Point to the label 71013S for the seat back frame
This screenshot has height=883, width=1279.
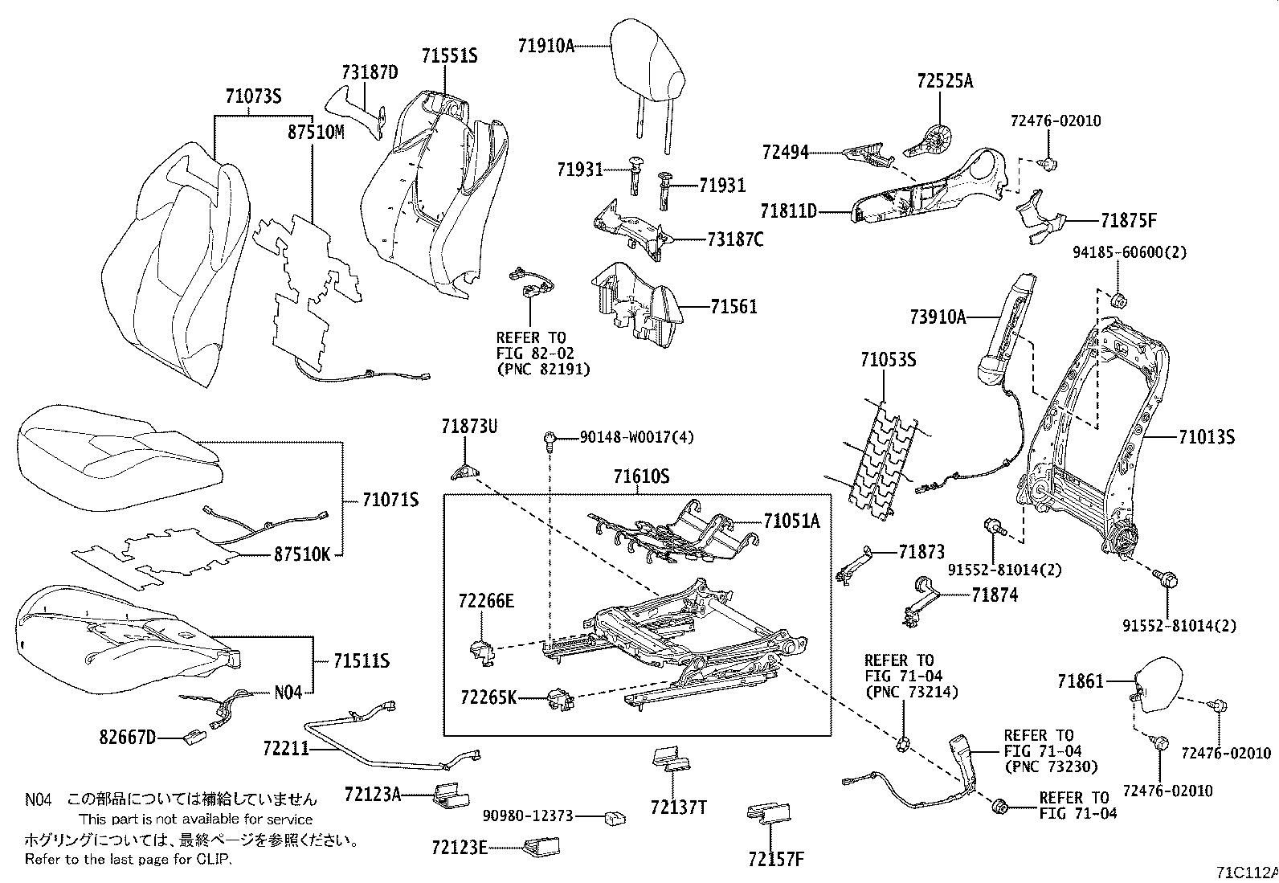(x=1207, y=438)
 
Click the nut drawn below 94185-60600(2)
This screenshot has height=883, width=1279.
(x=1117, y=301)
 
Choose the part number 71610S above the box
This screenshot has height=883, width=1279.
(x=641, y=476)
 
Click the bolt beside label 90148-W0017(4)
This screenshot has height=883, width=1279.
(x=549, y=439)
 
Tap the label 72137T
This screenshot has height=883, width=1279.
(x=678, y=807)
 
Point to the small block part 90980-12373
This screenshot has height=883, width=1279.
(x=616, y=818)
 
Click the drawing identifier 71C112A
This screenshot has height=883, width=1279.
(x=1245, y=873)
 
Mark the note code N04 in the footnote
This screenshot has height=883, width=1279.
(x=38, y=799)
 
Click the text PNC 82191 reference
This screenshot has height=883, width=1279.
(x=542, y=369)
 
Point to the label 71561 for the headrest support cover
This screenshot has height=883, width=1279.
(x=733, y=306)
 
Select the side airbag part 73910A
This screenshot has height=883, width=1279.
(x=1004, y=329)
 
